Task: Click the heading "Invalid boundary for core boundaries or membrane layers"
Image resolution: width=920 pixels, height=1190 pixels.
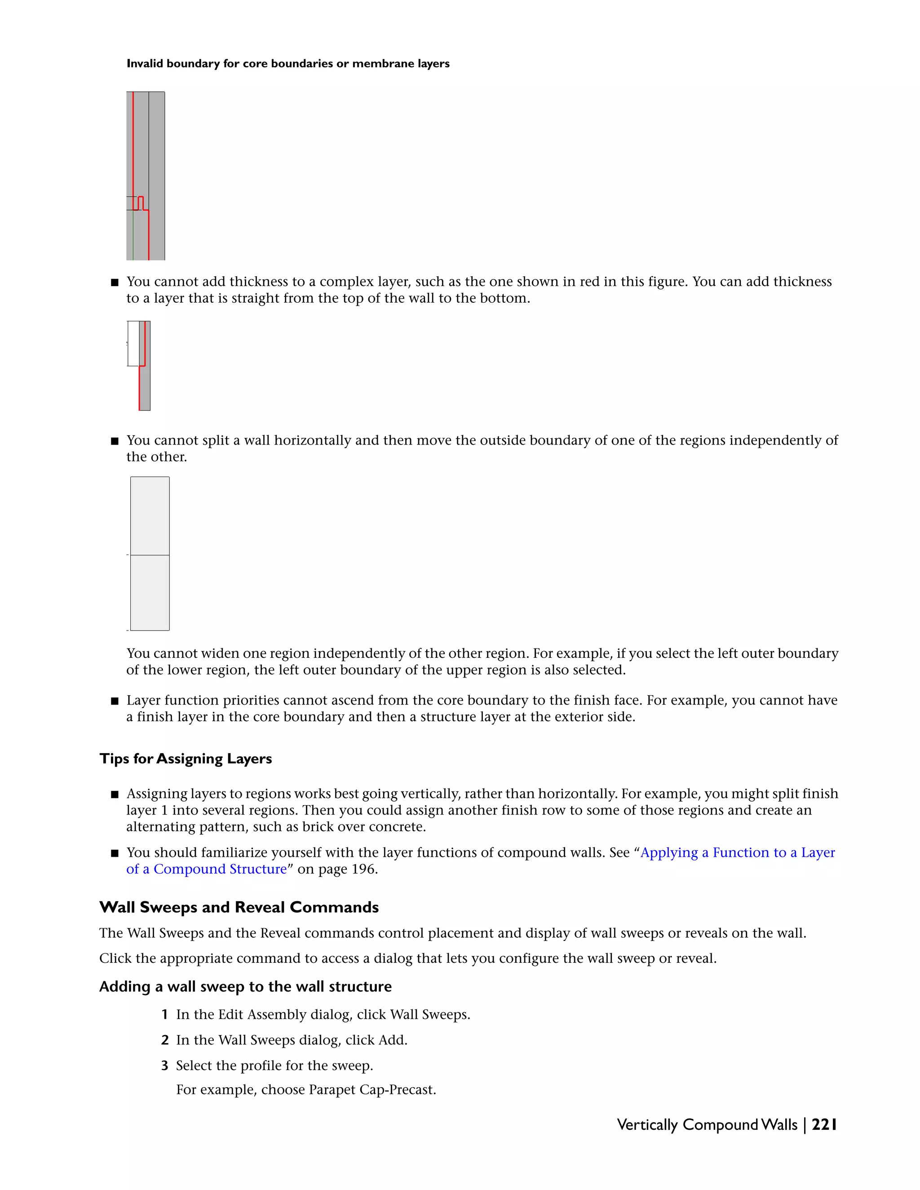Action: [x=288, y=64]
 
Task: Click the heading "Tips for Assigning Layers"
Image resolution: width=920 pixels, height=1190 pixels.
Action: [x=186, y=758]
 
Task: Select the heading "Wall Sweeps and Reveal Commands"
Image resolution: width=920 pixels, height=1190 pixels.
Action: [x=239, y=907]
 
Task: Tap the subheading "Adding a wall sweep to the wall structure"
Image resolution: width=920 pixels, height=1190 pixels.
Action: [x=245, y=987]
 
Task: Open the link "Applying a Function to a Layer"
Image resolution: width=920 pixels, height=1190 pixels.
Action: [x=737, y=853]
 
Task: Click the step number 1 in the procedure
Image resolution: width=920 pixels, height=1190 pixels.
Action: [x=164, y=1014]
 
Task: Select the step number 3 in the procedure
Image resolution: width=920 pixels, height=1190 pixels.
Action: [x=164, y=1066]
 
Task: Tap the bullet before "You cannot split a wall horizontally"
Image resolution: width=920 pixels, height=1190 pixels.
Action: [x=115, y=441]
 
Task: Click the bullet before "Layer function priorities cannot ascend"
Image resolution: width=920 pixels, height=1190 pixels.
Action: [x=115, y=701]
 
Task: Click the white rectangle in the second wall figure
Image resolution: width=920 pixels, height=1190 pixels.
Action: [x=133, y=343]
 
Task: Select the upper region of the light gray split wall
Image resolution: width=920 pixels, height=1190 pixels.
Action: [x=150, y=516]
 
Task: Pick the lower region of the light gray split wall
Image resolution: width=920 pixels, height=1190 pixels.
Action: [x=150, y=593]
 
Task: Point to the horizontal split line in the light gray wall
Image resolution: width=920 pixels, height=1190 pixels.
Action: [x=150, y=555]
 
